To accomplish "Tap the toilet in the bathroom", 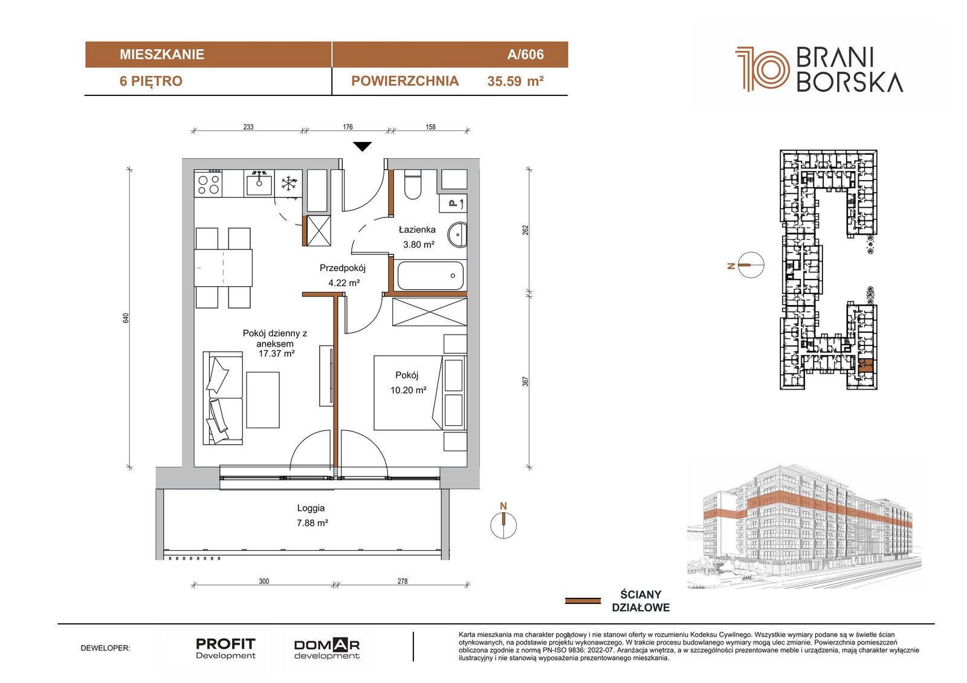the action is coord(413,184).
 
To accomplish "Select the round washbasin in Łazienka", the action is coord(457,235).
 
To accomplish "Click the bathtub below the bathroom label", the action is coord(430,275).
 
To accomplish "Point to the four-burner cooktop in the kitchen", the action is coord(208,184).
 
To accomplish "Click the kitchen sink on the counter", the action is coord(259,183).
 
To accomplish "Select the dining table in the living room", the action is coord(223,268).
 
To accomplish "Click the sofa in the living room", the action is coord(223,398).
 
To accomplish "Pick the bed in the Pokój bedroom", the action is coord(409,393).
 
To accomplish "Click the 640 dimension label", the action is coord(126,318).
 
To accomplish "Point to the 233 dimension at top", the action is coord(248,127).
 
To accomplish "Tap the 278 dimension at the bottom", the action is coord(403,581).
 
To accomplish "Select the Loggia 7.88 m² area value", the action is coord(312,523).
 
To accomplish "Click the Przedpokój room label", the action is coord(342,268).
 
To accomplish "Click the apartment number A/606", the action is coord(525,54).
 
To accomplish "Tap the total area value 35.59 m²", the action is coord(515,81).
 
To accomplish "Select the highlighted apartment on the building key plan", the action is coord(865,365).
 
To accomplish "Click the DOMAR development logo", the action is coord(326,649).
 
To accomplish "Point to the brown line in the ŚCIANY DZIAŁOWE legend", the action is coord(583,601).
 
